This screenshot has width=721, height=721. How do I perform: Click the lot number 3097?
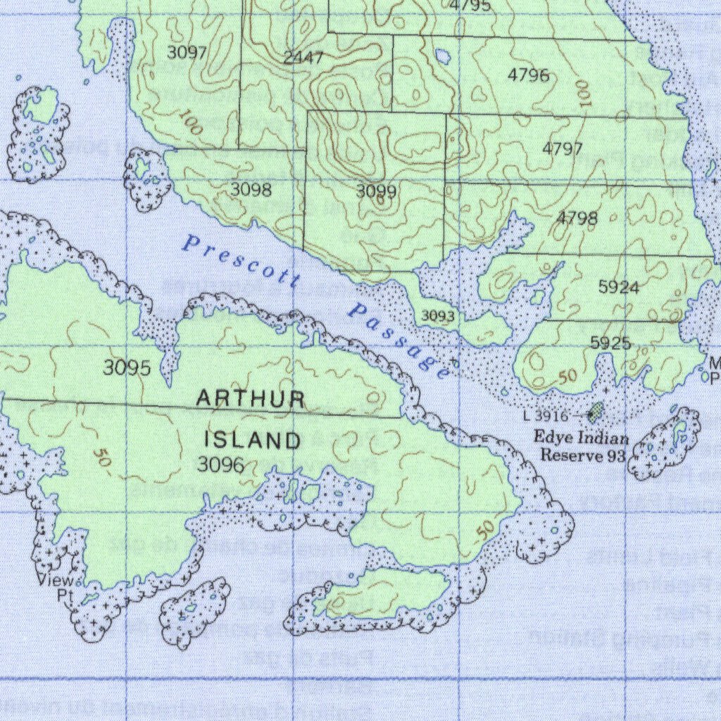(x=187, y=53)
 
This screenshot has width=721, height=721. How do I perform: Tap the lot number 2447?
(x=303, y=58)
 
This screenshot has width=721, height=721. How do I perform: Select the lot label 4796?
(x=528, y=75)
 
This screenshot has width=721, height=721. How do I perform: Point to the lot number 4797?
(x=563, y=149)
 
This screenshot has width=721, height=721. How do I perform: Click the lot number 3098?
(x=251, y=190)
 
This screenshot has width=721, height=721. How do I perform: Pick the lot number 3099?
(x=376, y=192)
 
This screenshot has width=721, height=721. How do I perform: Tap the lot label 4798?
(x=577, y=218)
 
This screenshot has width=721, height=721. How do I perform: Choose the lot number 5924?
(x=619, y=287)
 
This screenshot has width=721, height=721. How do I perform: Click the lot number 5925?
(x=610, y=343)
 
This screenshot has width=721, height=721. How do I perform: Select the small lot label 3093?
(x=437, y=317)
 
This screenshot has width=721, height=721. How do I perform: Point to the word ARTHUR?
(x=251, y=399)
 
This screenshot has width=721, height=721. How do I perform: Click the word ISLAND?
(x=253, y=441)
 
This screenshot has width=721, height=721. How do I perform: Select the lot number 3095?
(x=127, y=368)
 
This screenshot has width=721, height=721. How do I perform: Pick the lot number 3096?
(x=221, y=465)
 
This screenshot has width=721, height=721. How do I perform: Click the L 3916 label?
(x=546, y=417)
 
